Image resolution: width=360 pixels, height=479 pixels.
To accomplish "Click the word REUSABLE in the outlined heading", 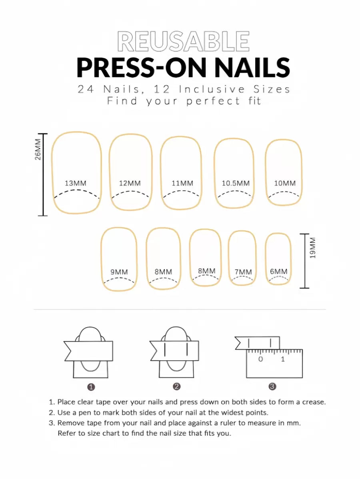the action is [x=183, y=41].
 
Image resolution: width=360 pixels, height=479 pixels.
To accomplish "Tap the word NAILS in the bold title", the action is [x=252, y=68].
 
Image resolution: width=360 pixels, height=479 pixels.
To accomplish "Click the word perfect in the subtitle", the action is [x=213, y=101].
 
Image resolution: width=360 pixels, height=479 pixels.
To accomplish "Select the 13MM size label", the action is [x=76, y=183].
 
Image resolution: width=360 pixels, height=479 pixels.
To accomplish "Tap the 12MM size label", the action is [x=130, y=183].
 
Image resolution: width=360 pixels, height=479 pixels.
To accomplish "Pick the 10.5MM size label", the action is [x=236, y=183].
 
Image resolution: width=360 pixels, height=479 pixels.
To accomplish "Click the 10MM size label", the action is [x=285, y=183].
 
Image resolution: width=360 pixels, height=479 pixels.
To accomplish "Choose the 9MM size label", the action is [x=119, y=272].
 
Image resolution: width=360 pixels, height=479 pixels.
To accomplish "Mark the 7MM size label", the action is [x=243, y=272].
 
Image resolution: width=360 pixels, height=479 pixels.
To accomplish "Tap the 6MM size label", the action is [x=279, y=271].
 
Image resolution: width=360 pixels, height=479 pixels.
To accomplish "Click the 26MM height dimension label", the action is [x=38, y=150].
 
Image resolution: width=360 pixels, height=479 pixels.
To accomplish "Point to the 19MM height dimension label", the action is [x=312, y=248].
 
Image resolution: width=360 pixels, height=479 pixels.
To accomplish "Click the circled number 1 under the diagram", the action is [x=91, y=387].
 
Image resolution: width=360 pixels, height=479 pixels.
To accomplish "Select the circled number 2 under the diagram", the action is [x=177, y=387].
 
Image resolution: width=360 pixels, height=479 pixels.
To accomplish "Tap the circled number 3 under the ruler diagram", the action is [x=272, y=387].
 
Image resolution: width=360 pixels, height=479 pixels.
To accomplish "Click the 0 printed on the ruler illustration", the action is [x=260, y=359].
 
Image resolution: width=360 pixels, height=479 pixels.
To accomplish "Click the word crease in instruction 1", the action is [x=314, y=402].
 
